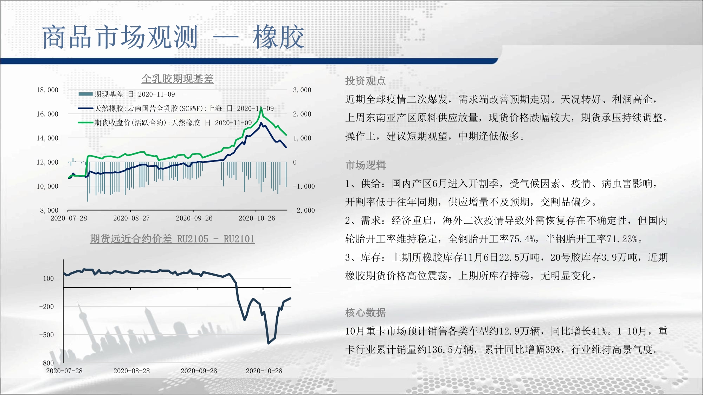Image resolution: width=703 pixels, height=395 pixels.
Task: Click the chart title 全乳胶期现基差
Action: [x=177, y=79]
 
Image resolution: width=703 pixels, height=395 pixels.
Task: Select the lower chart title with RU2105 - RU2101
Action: [x=172, y=239]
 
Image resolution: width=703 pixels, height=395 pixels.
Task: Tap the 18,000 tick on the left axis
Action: [x=47, y=90]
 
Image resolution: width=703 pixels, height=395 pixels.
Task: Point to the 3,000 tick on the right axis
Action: [x=302, y=90]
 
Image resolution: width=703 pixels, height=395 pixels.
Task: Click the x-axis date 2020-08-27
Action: [x=131, y=218]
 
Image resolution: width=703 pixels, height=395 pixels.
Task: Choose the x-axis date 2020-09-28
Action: [x=199, y=371]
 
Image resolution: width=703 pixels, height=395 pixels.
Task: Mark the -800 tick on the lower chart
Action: [x=47, y=363]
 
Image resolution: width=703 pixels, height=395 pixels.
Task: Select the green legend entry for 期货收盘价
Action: [x=165, y=123]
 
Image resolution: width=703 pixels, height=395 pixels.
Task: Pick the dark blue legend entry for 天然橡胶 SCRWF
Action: [x=176, y=108]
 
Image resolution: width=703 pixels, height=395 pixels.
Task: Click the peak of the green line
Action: [x=262, y=107]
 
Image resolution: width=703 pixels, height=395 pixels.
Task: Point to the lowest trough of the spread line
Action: [x=269, y=343]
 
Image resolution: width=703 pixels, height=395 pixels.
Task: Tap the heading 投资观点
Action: [x=366, y=81]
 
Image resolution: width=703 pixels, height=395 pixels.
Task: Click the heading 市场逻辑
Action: [x=366, y=165]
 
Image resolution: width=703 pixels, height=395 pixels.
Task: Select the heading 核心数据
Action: [x=366, y=312]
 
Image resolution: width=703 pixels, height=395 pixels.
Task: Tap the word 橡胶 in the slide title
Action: [x=278, y=37]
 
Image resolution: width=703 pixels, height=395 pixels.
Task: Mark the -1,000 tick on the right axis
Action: [x=304, y=186]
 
